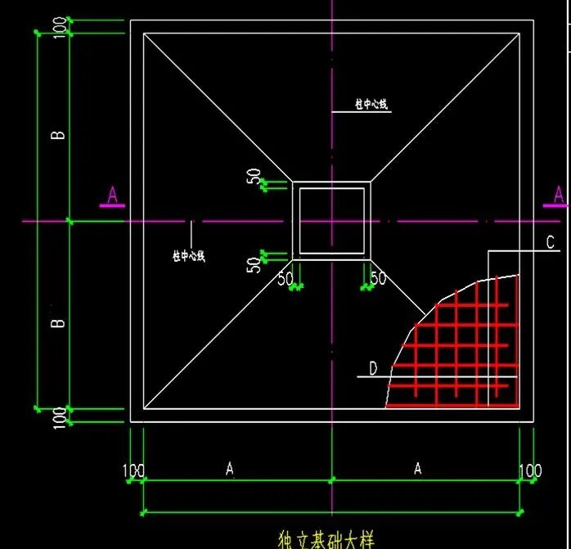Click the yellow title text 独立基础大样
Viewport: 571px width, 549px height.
tap(326, 540)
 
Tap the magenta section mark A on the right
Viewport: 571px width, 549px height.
tap(559, 195)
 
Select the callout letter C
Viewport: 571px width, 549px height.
tap(551, 242)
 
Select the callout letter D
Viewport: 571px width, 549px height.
tap(373, 369)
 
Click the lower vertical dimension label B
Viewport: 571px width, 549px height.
tap(58, 323)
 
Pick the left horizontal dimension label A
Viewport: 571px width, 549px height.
tap(230, 469)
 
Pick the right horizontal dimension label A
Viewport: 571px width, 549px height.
tap(417, 469)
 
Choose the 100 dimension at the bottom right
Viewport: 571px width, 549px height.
tap(530, 470)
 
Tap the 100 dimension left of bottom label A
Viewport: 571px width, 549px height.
tap(133, 470)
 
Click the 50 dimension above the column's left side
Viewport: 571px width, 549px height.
tap(254, 177)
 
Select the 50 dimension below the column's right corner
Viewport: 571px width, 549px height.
tap(377, 278)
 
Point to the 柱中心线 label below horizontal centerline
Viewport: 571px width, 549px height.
tap(189, 256)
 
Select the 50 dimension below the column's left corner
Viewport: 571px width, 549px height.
tap(285, 278)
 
